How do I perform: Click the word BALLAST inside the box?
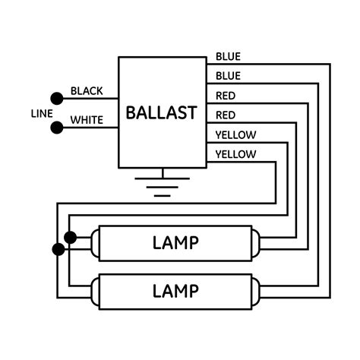(161, 113)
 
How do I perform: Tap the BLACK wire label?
(87, 91)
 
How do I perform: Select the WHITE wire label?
(87, 120)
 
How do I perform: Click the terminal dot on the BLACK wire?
(56, 98)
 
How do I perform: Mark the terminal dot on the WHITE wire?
(56, 127)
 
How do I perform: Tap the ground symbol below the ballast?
(160, 185)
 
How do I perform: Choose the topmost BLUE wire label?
(228, 56)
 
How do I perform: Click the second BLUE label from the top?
(228, 76)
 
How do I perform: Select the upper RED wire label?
(225, 96)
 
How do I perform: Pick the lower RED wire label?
(225, 115)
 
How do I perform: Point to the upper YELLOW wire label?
(235, 135)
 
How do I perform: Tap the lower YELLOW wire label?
(235, 155)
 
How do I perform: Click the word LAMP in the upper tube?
(175, 242)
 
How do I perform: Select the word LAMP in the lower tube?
(175, 290)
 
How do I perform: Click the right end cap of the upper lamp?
(255, 242)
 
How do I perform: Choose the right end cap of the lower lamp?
(255, 290)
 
